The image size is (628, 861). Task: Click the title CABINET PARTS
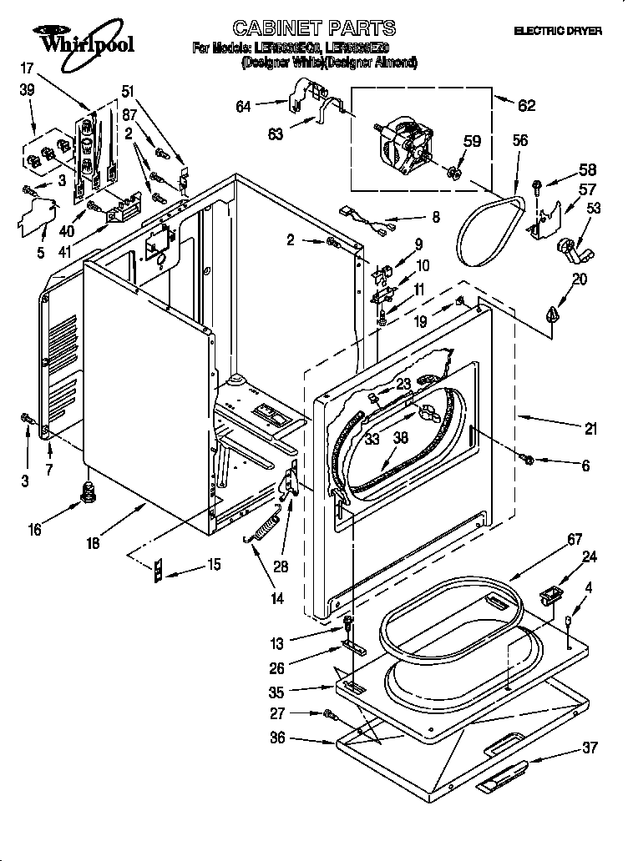point(301,29)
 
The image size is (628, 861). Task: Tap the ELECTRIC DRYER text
point(556,31)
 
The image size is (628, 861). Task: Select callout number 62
point(527,105)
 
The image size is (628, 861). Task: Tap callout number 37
point(590,748)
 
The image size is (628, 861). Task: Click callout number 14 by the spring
point(276,597)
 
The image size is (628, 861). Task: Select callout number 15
point(214,565)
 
